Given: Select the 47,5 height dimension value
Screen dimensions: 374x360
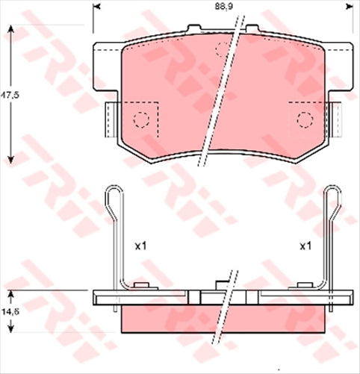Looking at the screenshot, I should click(8, 96).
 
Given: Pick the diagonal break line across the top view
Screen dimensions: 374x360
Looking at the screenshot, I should click(222, 93).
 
